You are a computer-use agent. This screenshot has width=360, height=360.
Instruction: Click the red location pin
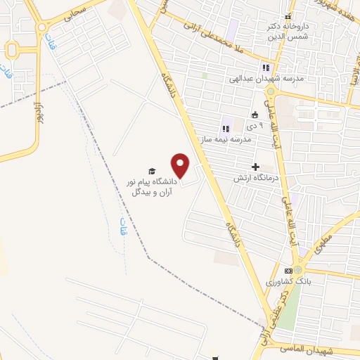181,166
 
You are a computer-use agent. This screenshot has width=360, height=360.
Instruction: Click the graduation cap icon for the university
150,171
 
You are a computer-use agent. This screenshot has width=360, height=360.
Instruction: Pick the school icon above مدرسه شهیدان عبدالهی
266,68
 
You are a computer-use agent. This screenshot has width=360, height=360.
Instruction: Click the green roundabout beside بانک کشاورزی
298,269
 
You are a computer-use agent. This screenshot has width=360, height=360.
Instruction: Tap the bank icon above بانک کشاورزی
288,271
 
